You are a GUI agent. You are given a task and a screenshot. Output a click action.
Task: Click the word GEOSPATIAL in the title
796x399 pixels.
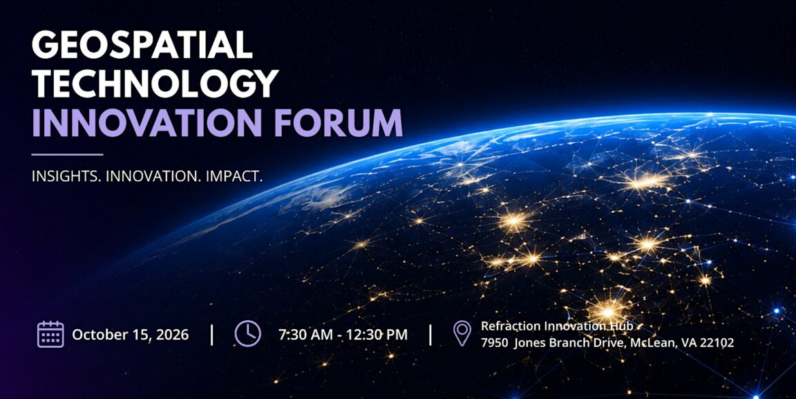point(142,45)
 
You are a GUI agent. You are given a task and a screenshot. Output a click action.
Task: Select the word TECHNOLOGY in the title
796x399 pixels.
point(155,83)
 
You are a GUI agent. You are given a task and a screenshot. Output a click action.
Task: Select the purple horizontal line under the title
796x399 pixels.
point(67,154)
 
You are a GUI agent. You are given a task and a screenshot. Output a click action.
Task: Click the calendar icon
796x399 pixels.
point(50,335)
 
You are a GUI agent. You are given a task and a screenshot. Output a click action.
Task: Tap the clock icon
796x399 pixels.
point(248,334)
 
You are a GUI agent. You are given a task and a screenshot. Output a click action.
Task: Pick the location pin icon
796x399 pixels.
point(462,333)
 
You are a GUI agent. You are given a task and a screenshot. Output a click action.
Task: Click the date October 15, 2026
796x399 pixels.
point(131,335)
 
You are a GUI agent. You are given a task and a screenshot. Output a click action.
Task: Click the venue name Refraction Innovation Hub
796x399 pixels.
point(557,326)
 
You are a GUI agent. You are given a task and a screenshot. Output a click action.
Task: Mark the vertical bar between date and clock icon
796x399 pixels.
point(212,335)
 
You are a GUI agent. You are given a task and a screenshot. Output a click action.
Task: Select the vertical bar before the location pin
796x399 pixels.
point(430,335)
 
